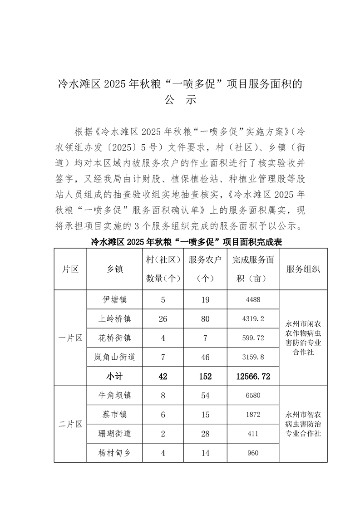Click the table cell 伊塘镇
(x=114, y=299)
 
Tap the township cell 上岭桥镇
(x=114, y=319)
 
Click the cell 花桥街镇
(x=114, y=338)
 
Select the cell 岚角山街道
(x=114, y=357)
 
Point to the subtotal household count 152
(x=206, y=377)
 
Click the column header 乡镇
(x=114, y=269)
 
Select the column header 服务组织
(x=303, y=269)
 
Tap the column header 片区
(x=70, y=269)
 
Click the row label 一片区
(x=70, y=338)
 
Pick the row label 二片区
(x=70, y=424)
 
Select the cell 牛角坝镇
(x=114, y=396)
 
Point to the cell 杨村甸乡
(x=114, y=453)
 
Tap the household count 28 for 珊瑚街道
(x=206, y=434)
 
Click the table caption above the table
(x=187, y=242)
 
